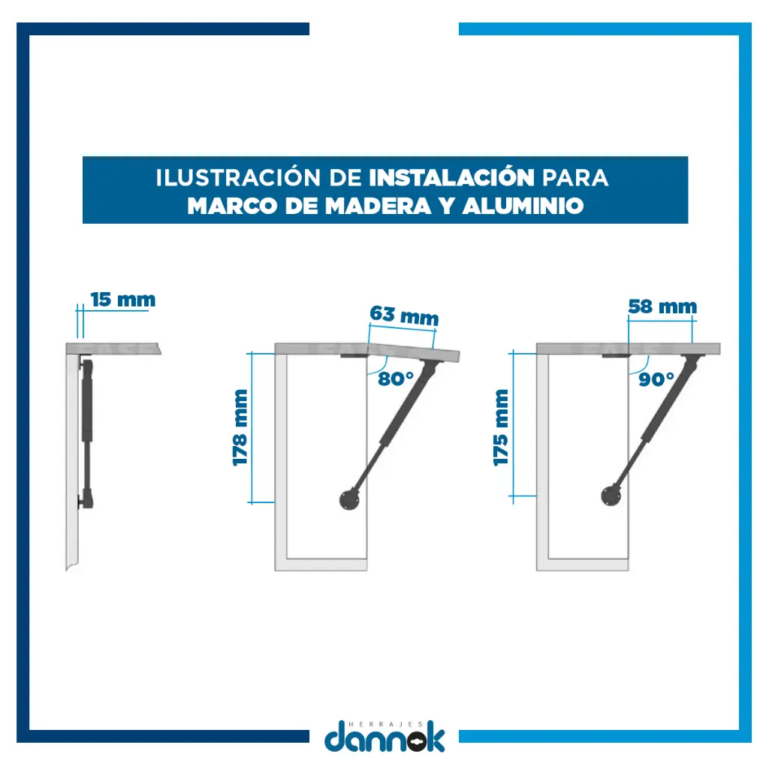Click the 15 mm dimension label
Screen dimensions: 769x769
pyautogui.click(x=123, y=300)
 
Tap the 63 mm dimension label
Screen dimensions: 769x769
pyautogui.click(x=404, y=316)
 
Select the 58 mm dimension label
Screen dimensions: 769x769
pyautogui.click(x=662, y=306)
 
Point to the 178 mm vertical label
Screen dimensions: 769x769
pyautogui.click(x=240, y=427)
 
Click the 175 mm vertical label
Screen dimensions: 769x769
pyautogui.click(x=501, y=427)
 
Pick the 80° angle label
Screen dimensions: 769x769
pyautogui.click(x=396, y=378)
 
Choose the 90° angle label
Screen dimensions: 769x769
pyautogui.click(x=656, y=379)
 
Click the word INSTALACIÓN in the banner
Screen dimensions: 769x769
pyautogui.click(x=451, y=177)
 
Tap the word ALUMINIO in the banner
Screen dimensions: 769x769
pyautogui.click(x=523, y=206)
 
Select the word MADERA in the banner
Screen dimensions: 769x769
pyautogui.click(x=378, y=206)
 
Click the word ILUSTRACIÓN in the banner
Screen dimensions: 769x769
pyautogui.click(x=238, y=177)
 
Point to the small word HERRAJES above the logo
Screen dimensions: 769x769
pyautogui.click(x=385, y=724)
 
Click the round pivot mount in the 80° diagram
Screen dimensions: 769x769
pyautogui.click(x=349, y=499)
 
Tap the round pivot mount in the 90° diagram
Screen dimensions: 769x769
pyautogui.click(x=611, y=496)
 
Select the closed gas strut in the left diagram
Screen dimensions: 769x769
pyautogui.click(x=86, y=433)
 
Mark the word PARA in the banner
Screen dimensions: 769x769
pyautogui.click(x=574, y=177)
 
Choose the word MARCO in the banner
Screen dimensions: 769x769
pyautogui.click(x=233, y=206)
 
